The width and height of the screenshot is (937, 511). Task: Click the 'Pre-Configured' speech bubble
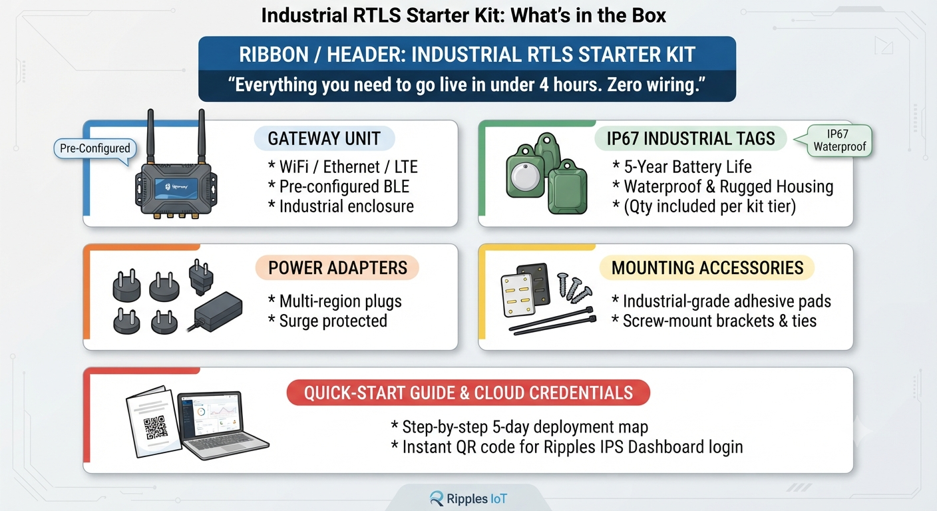click(x=95, y=149)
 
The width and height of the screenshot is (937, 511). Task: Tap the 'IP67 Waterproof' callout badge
click(x=839, y=140)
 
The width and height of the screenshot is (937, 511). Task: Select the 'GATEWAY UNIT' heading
click(x=324, y=138)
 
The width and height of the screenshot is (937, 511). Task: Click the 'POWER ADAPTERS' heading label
click(x=337, y=267)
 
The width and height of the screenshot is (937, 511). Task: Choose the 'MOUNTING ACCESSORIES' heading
click(x=707, y=267)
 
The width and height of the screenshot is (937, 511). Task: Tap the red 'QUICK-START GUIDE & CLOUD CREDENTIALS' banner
click(x=468, y=393)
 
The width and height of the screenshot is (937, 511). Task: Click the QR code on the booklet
click(x=156, y=427)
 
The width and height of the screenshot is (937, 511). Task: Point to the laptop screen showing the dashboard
click(x=210, y=415)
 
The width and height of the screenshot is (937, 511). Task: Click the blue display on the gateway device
click(x=176, y=188)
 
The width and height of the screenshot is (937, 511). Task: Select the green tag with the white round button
click(x=525, y=172)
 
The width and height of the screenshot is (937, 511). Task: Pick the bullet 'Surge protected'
click(x=327, y=321)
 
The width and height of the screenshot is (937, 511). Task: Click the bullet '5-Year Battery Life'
click(x=682, y=167)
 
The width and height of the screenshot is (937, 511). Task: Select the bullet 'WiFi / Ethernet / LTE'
click(x=343, y=167)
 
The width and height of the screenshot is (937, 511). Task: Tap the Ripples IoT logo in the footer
click(x=468, y=498)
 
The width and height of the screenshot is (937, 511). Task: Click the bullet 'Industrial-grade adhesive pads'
click(x=721, y=301)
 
